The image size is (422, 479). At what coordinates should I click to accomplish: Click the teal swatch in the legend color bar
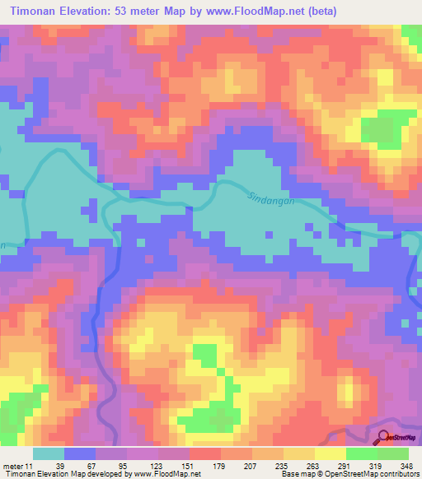pyautogui.click(x=49, y=453)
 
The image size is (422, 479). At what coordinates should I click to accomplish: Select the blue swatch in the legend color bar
pyautogui.click(x=80, y=453)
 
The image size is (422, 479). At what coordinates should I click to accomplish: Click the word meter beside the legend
pyautogui.click(x=13, y=467)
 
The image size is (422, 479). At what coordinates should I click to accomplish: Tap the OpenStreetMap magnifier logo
pyautogui.click(x=383, y=438)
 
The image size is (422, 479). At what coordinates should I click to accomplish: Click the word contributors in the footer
pyautogui.click(x=399, y=475)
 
